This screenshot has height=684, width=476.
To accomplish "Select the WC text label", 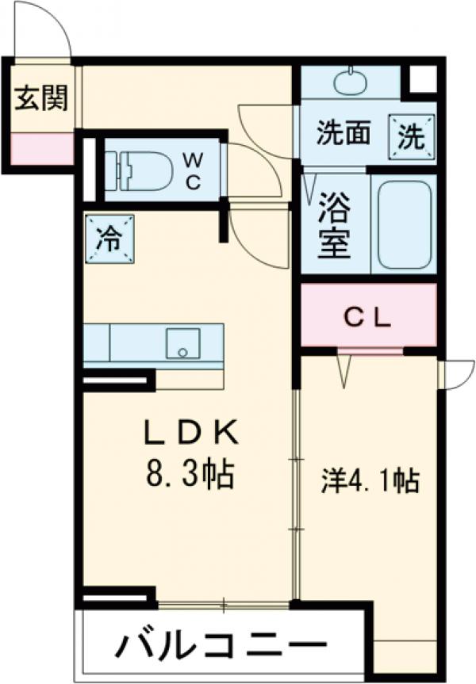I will pos(194,170).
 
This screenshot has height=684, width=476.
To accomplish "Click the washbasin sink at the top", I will pos(349,81).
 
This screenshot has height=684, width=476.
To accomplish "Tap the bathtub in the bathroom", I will pos(404,224).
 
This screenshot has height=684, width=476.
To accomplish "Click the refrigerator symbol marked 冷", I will pos(109,235).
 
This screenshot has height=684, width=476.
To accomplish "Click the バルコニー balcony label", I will pos(221,647).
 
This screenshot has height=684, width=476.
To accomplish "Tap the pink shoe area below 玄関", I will pos(41,147).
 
